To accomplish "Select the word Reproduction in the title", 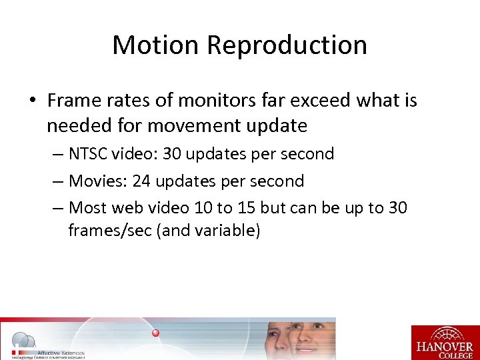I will point(287,45).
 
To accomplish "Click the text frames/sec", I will point(109,231).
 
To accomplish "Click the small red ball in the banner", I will point(156,333).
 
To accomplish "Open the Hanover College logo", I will point(445,342).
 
